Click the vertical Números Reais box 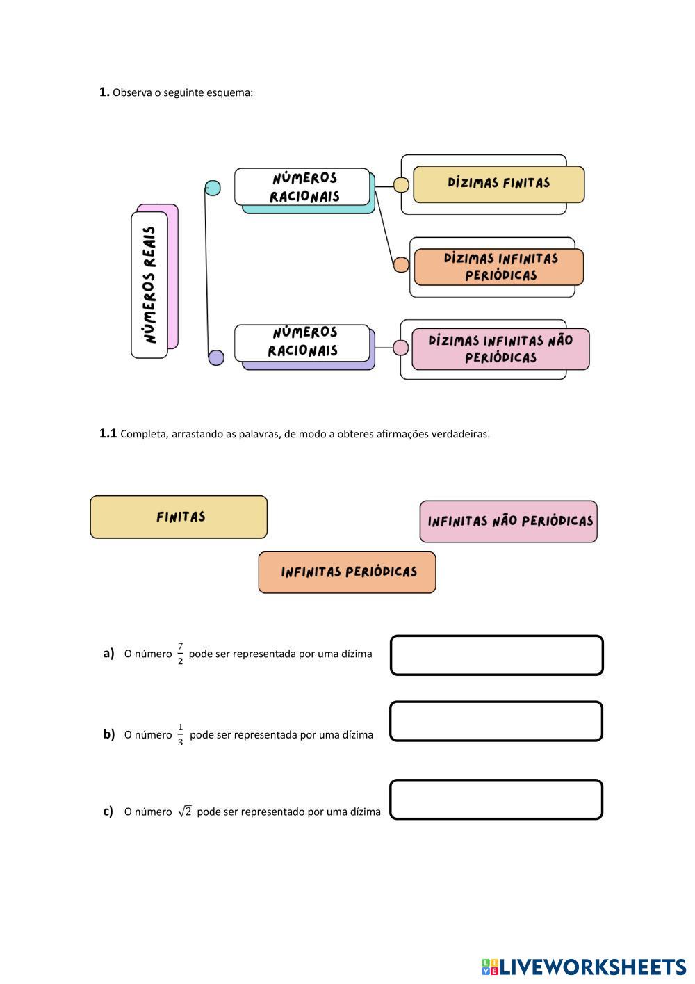click(150, 284)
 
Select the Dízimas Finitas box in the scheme click(498, 184)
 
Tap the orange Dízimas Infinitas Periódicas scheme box click(498, 267)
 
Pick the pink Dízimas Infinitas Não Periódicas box click(500, 349)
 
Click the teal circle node click(213, 188)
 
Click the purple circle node click(216, 357)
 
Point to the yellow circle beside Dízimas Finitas click(401, 184)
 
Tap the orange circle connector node click(401, 264)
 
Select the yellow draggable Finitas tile click(179, 517)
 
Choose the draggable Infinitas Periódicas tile click(347, 572)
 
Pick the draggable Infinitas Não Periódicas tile click(508, 522)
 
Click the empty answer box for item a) click(496, 655)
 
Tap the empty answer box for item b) click(496, 721)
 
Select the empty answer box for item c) click(496, 800)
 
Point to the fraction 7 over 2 click(180, 654)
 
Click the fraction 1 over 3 click(180, 734)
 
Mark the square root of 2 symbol click(184, 812)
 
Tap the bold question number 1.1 click(108, 433)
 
